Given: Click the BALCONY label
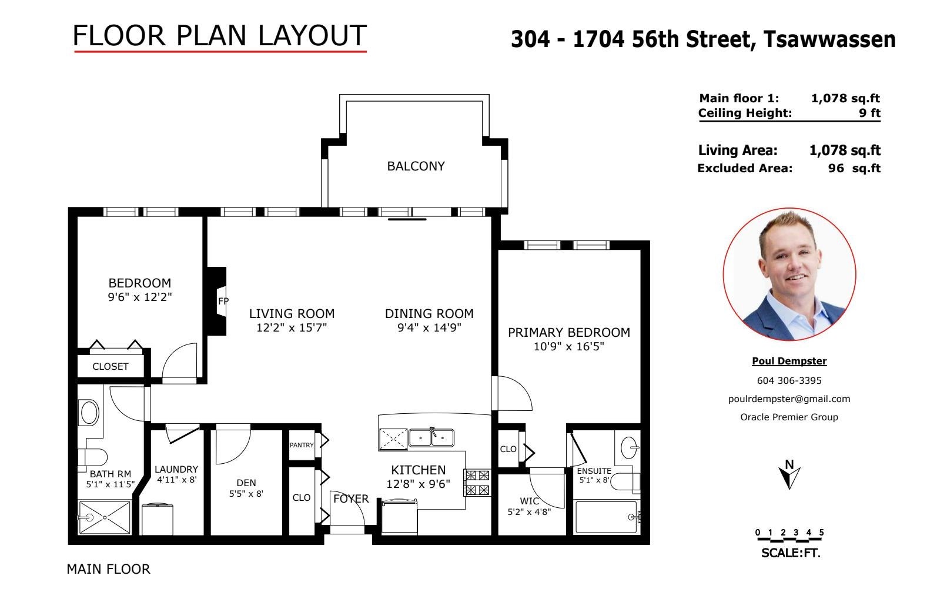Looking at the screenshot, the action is click(416, 166).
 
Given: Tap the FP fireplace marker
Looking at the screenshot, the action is click(223, 301).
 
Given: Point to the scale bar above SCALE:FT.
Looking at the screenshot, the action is click(789, 539).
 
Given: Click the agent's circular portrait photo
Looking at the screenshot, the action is click(789, 275).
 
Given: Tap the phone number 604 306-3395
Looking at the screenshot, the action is click(789, 381).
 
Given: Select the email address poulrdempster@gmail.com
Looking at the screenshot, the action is click(789, 399).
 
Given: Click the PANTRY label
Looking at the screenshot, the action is click(302, 445).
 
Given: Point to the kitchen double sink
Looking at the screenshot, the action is click(431, 437).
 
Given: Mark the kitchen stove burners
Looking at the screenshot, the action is click(477, 483).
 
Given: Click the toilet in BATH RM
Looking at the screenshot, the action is click(92, 457).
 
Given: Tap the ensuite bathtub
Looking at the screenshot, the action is click(606, 517).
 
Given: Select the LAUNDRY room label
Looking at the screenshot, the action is click(176, 469).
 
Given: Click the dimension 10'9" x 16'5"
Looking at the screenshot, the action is click(569, 346).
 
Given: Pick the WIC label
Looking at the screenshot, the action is click(529, 501).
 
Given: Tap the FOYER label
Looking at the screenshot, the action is click(351, 498).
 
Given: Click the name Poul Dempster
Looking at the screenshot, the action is click(789, 361).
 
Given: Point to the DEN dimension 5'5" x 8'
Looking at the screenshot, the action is click(246, 494).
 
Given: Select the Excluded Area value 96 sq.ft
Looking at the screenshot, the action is click(854, 168).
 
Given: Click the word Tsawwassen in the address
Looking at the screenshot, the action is click(829, 39).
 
